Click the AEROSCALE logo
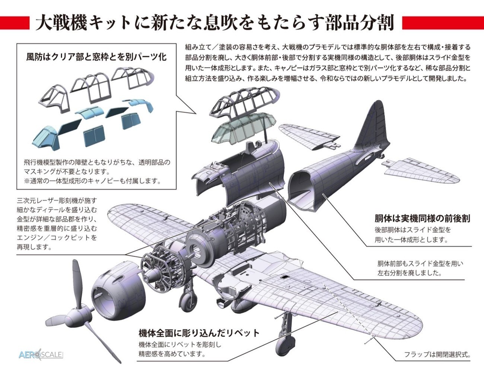41,354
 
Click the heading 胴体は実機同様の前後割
422,218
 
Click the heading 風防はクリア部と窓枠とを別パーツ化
96,57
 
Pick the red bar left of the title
15,23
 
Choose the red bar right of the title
443,23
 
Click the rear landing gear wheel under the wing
286,345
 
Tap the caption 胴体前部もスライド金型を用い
420,264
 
